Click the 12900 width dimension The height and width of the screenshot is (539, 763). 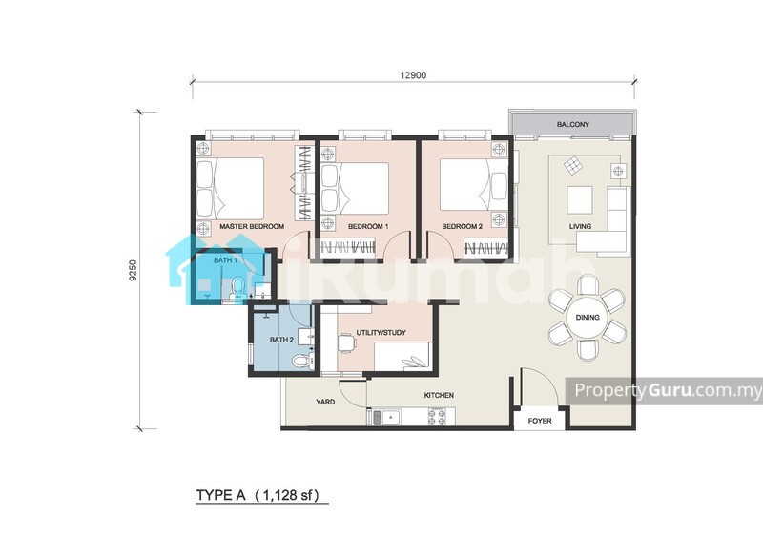(x=413, y=75)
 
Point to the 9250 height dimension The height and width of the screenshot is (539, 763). (x=134, y=271)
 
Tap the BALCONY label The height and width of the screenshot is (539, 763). (x=573, y=125)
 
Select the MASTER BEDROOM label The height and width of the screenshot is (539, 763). (x=252, y=226)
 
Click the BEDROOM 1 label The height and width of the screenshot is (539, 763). (x=368, y=226)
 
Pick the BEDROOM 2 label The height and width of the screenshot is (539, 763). (x=462, y=226)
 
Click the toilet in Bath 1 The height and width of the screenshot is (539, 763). (x=237, y=288)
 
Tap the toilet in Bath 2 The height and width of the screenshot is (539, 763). (x=301, y=361)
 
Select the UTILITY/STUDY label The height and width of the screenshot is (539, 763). (x=381, y=333)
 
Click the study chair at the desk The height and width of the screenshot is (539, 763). (x=346, y=342)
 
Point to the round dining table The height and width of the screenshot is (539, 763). (x=588, y=318)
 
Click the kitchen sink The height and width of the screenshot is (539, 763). (x=386, y=417)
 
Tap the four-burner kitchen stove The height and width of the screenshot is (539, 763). (x=437, y=417)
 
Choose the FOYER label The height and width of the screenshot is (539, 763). (x=540, y=421)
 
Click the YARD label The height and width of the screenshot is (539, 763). (x=325, y=402)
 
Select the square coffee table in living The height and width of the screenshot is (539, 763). (x=580, y=200)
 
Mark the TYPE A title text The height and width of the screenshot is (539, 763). (x=221, y=496)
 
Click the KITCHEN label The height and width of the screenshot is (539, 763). (x=439, y=395)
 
